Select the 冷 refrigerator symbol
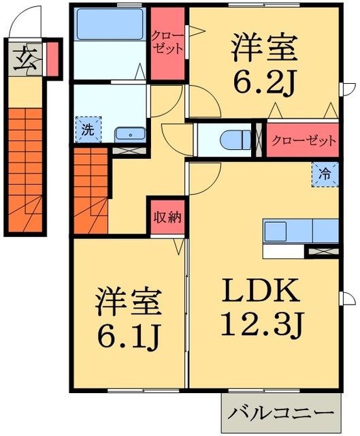pos(326,172)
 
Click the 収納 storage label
pos(166,217)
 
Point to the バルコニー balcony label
pos(281,414)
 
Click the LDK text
pos(259,294)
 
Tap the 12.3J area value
pos(259,326)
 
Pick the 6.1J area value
pos(128,335)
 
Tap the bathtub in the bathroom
pos(110,25)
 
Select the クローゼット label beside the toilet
pos(304,142)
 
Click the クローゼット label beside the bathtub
pos(167,42)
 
